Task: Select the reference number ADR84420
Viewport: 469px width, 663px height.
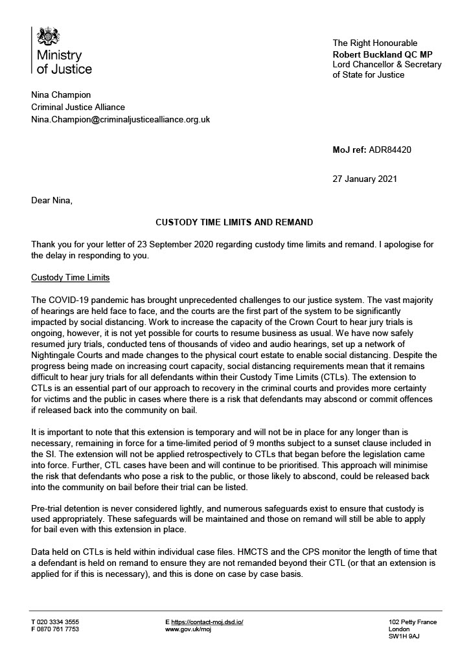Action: [x=391, y=150]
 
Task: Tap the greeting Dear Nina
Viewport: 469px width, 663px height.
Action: [x=52, y=201]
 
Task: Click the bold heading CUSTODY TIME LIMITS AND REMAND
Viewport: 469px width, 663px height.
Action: [x=234, y=222]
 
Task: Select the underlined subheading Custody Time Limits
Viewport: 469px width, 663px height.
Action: [x=71, y=277]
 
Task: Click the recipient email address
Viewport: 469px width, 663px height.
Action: [x=120, y=120]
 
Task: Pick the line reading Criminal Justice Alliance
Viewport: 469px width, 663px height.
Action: [x=78, y=107]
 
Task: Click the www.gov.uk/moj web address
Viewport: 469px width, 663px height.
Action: [x=189, y=629]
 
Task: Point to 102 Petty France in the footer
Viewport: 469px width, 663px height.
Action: [x=413, y=622]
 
